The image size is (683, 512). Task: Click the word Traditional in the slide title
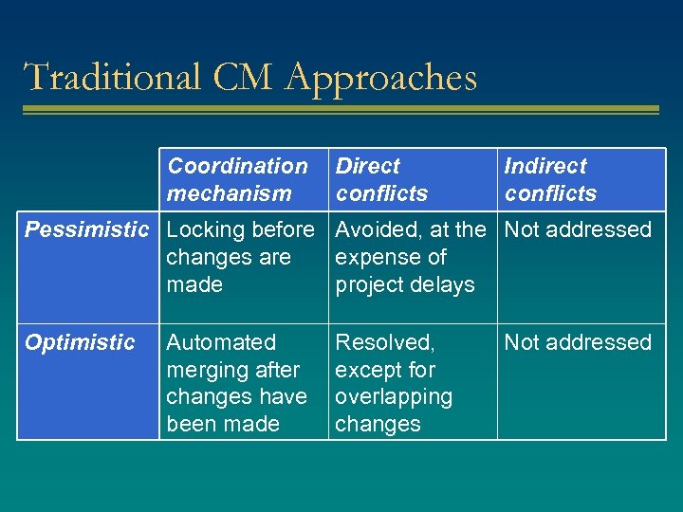point(111,77)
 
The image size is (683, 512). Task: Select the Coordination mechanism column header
point(237,179)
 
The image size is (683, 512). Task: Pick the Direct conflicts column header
point(381,179)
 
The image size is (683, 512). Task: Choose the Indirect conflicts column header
point(550,179)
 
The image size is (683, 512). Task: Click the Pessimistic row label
point(86,229)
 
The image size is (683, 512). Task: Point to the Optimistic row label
point(80,342)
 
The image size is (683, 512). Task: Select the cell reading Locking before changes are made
point(240,257)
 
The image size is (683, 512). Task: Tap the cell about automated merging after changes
point(236,383)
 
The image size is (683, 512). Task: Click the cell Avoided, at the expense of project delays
point(410,257)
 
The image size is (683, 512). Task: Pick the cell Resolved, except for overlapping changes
point(394,383)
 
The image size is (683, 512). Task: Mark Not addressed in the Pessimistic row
point(578,229)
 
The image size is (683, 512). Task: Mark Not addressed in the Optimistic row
point(578,342)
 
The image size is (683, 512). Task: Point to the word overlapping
point(394,396)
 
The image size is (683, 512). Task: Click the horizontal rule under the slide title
point(341,110)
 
